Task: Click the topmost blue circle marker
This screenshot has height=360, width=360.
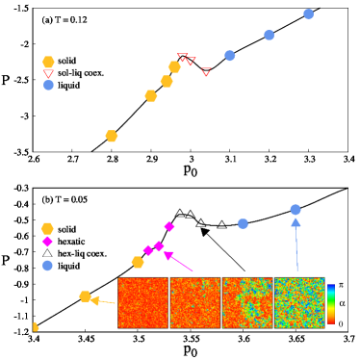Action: point(308,14)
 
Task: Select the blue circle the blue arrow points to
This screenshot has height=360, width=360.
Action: point(296,210)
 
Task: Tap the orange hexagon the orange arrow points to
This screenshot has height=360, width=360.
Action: point(86,296)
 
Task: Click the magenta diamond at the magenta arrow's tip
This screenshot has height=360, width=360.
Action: point(160,246)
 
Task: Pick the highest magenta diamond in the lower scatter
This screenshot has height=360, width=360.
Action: point(169,226)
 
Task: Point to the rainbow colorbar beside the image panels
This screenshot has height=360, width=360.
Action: point(330,303)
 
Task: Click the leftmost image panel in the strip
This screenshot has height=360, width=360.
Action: point(142,302)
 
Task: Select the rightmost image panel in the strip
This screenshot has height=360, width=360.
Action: point(299,302)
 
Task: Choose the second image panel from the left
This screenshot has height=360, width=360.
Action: point(195,302)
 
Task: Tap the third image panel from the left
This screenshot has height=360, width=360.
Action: point(247,302)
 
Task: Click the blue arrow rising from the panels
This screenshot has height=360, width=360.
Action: point(296,244)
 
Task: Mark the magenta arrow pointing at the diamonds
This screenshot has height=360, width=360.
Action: point(179,262)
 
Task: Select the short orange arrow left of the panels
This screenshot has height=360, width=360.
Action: point(103,301)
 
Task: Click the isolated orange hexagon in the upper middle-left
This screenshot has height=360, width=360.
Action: point(112,136)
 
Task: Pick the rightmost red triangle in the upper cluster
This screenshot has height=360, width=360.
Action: point(206,72)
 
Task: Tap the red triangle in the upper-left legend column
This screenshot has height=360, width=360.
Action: point(48,73)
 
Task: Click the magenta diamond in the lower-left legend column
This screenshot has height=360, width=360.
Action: point(47,242)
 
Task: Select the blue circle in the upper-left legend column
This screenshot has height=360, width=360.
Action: point(48,85)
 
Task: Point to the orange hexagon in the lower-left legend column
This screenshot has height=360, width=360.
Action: point(47,228)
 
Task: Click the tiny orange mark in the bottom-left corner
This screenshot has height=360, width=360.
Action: point(36,327)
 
